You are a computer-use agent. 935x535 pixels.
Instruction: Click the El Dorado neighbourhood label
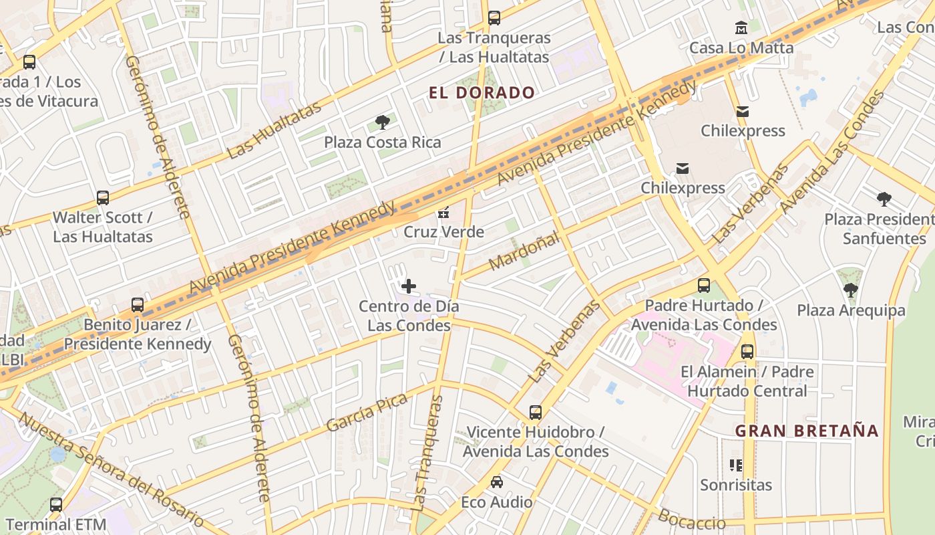482,93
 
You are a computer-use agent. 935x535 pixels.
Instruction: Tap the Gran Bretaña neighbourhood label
807,431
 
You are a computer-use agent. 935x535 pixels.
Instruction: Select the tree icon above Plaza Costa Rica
383,122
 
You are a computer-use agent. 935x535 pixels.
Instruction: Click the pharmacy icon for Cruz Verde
443,213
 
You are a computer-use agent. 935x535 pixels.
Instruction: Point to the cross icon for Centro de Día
409,286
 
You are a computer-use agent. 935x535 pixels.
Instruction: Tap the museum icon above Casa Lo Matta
741,28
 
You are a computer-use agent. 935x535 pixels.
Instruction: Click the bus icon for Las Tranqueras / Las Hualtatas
494,18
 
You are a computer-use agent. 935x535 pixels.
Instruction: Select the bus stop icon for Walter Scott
103,198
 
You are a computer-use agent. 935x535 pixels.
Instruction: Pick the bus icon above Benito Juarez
138,305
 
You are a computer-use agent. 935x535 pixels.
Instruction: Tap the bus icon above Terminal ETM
56,505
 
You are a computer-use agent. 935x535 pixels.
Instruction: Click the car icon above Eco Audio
497,482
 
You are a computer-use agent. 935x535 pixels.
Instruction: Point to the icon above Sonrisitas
736,465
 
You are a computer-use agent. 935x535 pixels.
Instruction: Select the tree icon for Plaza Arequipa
850,290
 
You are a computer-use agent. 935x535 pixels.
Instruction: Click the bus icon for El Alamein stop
747,352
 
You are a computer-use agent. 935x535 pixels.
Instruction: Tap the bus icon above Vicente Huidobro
536,413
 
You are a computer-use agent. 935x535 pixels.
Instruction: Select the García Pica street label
367,413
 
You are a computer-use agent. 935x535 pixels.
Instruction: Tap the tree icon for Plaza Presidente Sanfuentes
884,199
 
